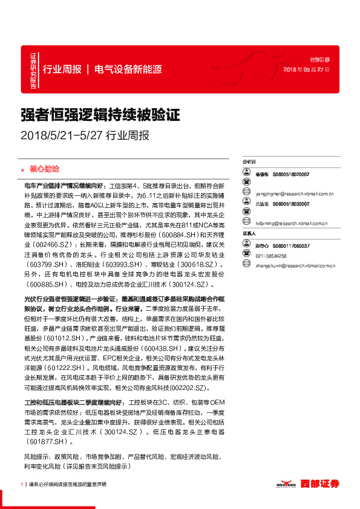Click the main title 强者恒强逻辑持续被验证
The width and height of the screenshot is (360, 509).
[x=101, y=114]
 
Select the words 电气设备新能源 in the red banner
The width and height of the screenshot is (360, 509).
[x=128, y=70]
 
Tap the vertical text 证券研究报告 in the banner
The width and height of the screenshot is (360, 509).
[x=34, y=70]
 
